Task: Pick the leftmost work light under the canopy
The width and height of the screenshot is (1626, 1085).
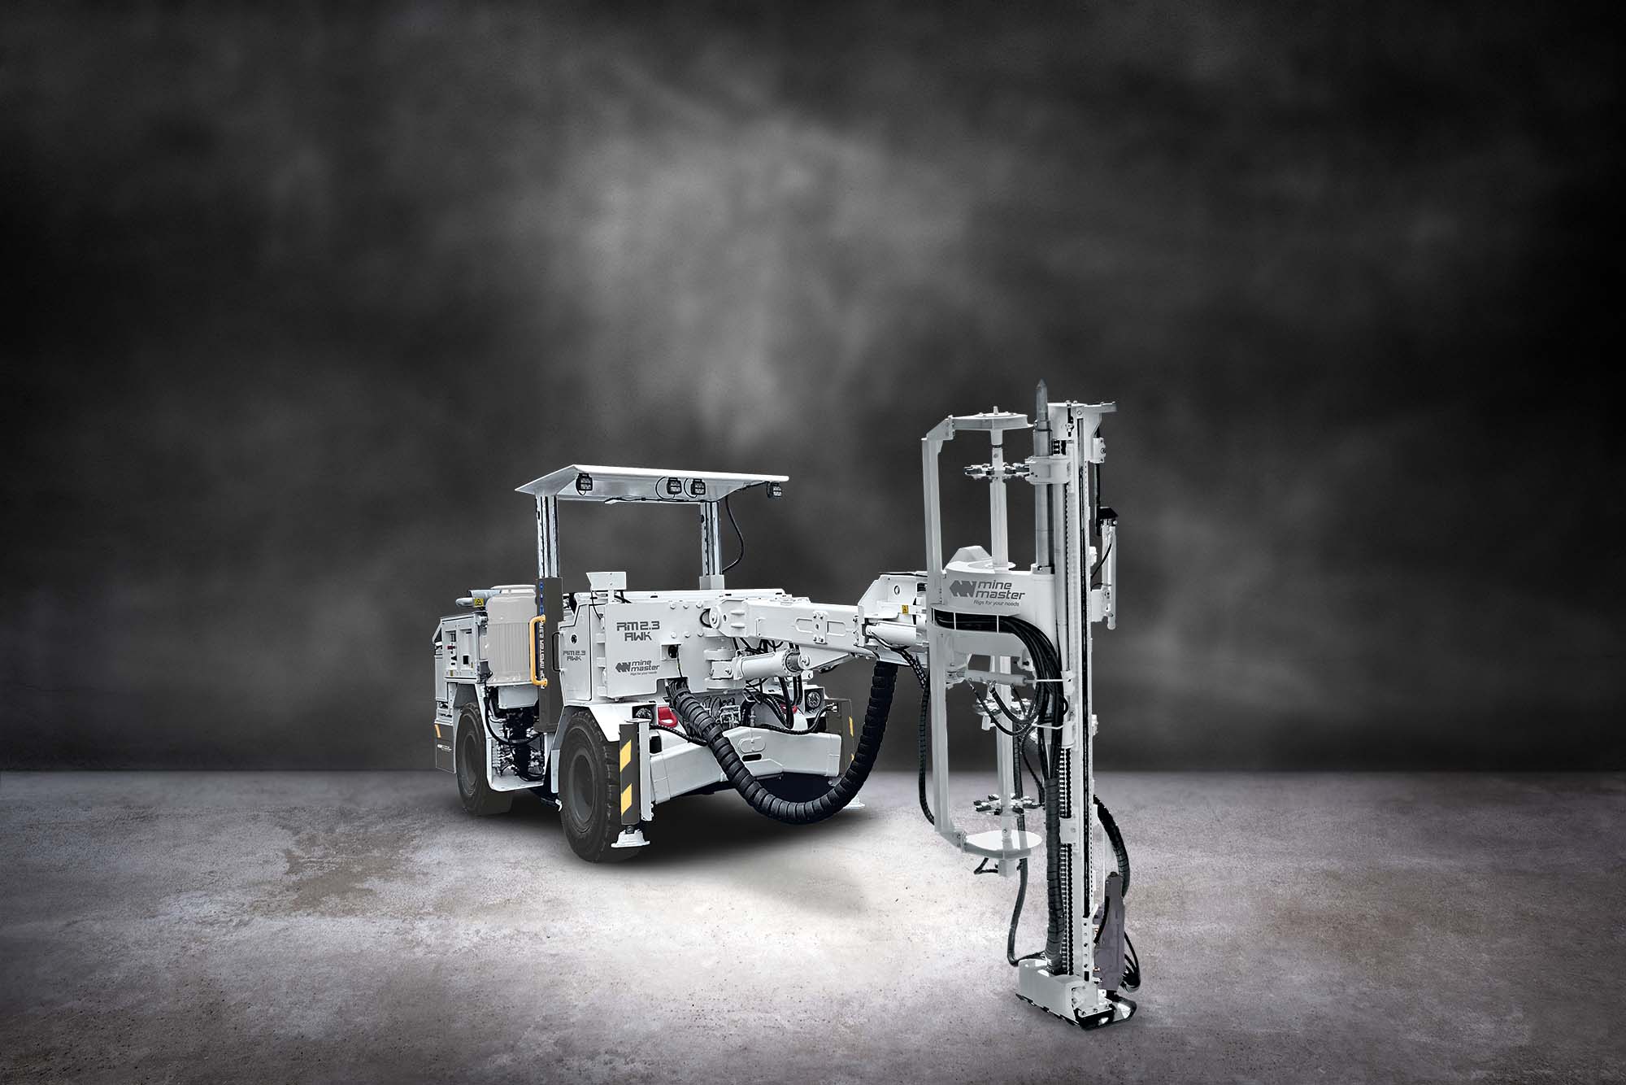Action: tap(585, 486)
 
